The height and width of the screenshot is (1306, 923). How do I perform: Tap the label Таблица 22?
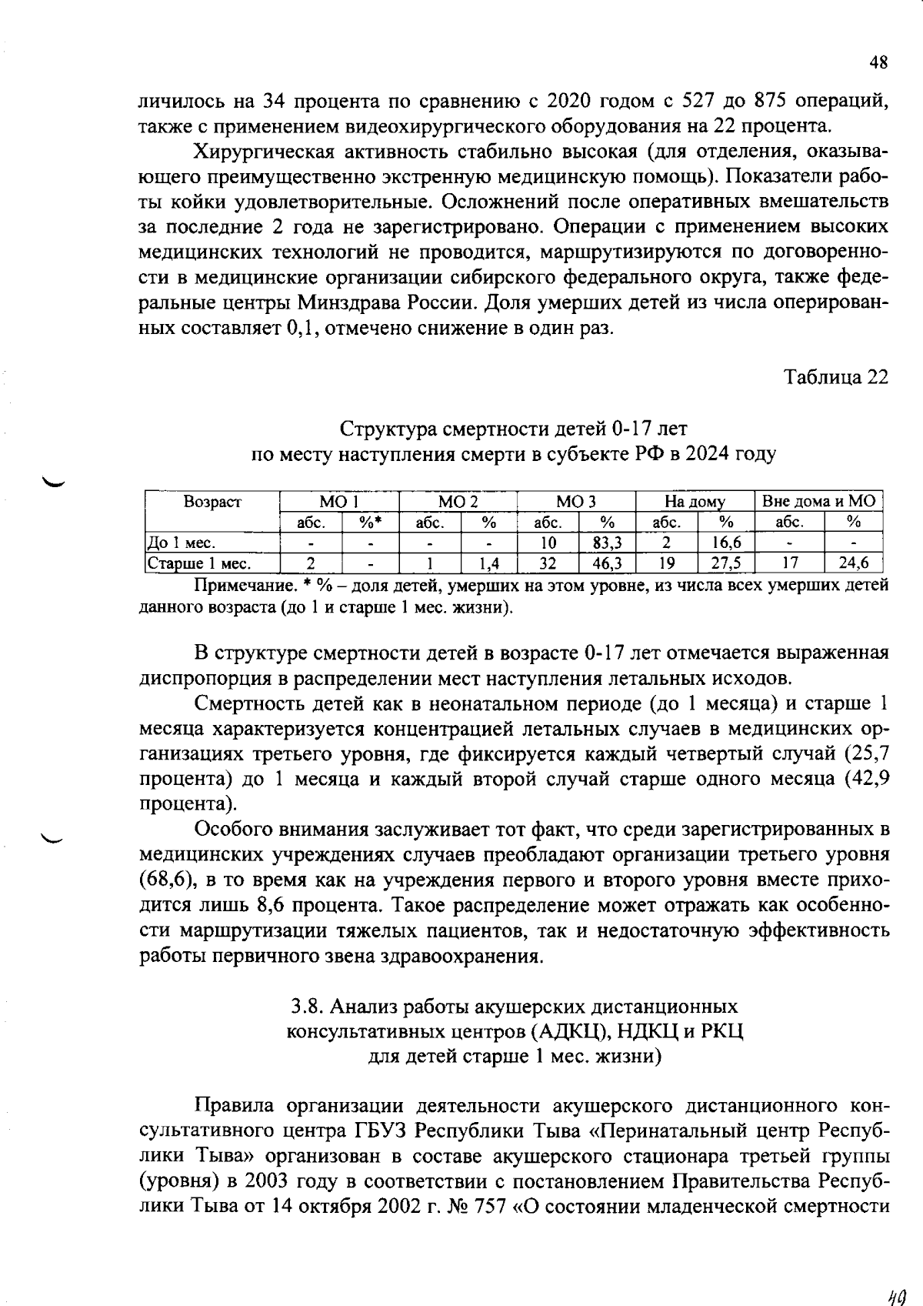(835, 377)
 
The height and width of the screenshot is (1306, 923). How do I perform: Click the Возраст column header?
(212, 502)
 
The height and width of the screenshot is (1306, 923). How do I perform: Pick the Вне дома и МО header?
(818, 502)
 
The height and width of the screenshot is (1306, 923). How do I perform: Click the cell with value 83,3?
(607, 543)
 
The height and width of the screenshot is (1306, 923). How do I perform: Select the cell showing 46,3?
(607, 563)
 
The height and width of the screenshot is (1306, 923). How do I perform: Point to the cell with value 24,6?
(853, 563)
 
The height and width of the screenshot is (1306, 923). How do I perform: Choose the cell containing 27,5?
(725, 563)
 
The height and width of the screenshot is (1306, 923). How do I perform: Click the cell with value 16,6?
(725, 543)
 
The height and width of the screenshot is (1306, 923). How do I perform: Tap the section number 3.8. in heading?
(308, 1007)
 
